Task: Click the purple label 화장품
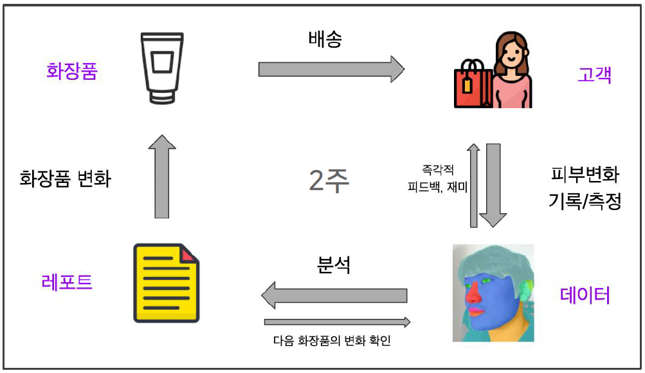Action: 71,70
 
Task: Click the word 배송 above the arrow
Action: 325,39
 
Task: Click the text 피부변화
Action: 585,175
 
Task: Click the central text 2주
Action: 329,182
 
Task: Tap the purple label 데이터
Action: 585,295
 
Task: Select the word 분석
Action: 334,265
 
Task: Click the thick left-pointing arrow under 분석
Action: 334,295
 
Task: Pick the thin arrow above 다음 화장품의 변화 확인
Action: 337,321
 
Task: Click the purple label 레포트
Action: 67,282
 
